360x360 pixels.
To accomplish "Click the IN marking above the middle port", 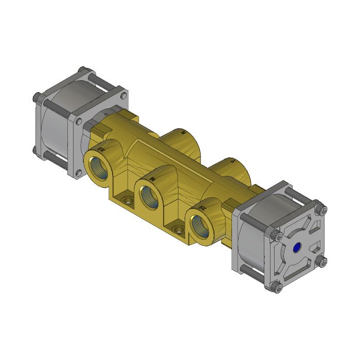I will click(152, 177).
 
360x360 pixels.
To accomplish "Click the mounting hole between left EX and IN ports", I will click(125, 198).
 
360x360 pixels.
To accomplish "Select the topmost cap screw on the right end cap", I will click(322, 209).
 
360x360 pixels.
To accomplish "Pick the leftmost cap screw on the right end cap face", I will click(278, 236).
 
